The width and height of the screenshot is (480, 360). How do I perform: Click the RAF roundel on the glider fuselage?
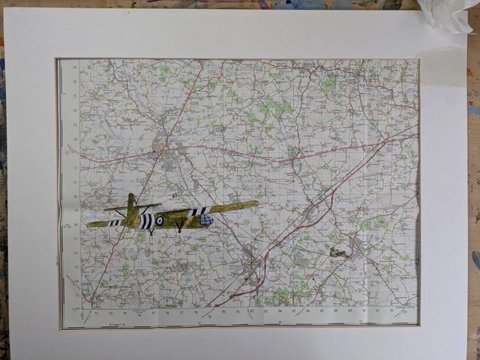160,220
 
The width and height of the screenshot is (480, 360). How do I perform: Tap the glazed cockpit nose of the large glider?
208,220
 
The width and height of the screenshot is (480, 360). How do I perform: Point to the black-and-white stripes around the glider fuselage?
147,221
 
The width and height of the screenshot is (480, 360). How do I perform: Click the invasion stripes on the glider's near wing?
198,211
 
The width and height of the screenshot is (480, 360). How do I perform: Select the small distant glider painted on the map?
338,253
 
